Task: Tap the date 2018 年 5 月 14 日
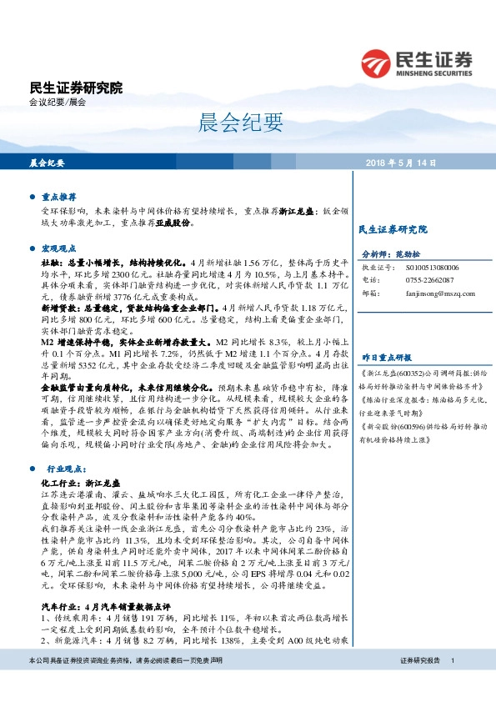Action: [401, 163]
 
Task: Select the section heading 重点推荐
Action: [58, 198]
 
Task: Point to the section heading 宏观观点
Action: [58, 248]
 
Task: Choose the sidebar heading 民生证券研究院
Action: [392, 228]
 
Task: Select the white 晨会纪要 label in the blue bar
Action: [48, 163]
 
